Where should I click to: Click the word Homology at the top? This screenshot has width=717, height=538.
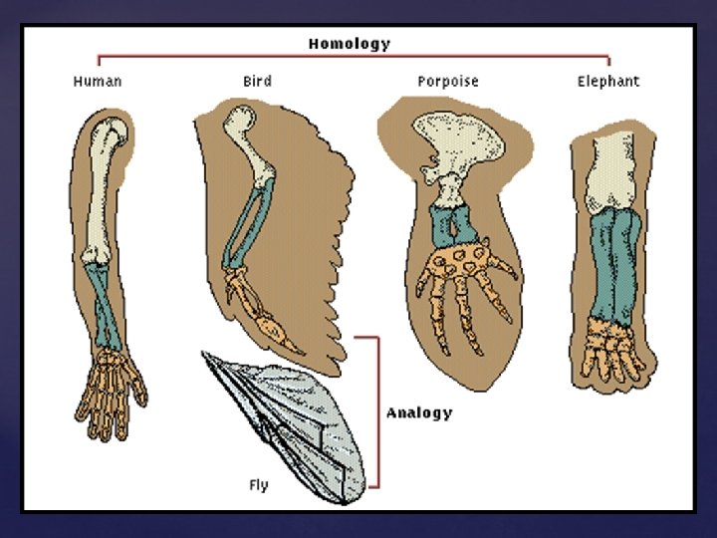pyautogui.click(x=349, y=44)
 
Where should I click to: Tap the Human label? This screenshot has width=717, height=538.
pyautogui.click(x=97, y=81)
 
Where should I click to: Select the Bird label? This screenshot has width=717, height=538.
pyautogui.click(x=257, y=81)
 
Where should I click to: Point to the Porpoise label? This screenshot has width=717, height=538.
pyautogui.click(x=447, y=81)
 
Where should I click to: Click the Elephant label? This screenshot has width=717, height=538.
pyautogui.click(x=608, y=81)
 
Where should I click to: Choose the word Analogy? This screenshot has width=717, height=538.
pyautogui.click(x=418, y=412)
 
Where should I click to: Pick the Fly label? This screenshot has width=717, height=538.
pyautogui.click(x=259, y=485)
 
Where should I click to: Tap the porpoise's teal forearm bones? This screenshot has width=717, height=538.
pyautogui.click(x=452, y=223)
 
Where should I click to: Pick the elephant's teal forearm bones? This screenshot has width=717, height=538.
pyautogui.click(x=611, y=269)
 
